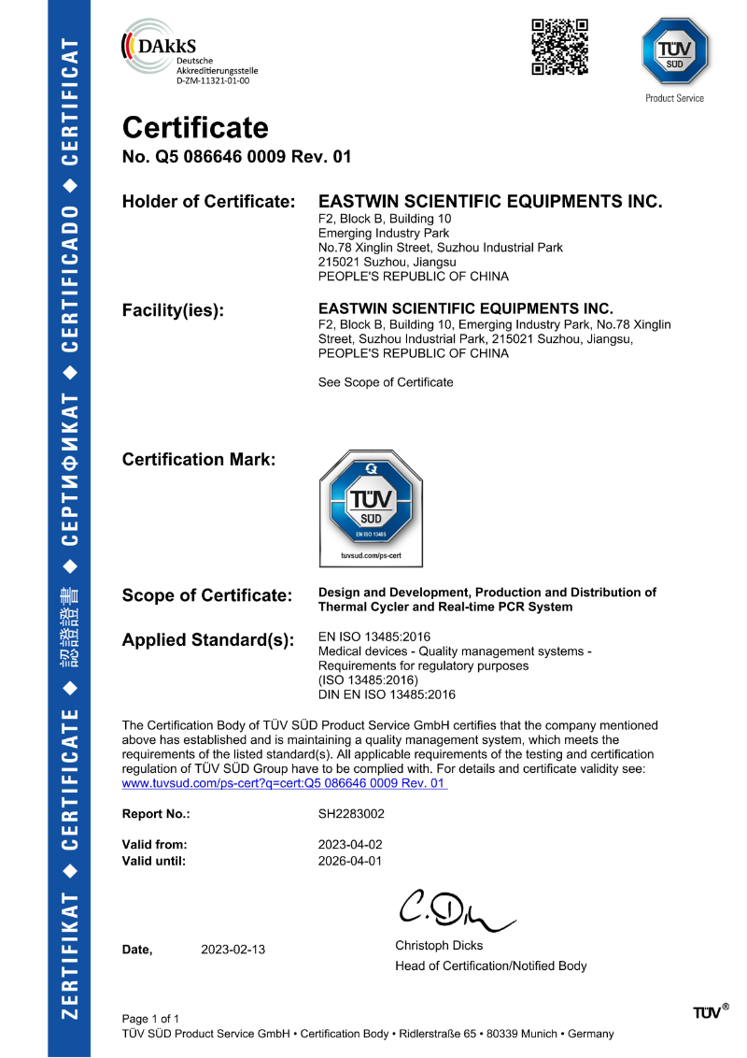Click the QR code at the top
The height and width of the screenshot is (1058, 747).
559,47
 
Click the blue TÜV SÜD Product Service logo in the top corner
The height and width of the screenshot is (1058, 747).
674,54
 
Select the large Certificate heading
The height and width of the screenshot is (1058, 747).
195,128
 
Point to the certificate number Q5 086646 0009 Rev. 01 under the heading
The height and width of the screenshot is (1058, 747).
237,157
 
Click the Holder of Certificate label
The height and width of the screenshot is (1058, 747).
209,202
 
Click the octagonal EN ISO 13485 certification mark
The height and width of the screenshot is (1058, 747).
371,506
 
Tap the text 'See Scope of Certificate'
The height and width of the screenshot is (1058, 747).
386,382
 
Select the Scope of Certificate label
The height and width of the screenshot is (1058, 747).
206,596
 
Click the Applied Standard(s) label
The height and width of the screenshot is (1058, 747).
208,641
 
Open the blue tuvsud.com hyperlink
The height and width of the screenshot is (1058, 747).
285,783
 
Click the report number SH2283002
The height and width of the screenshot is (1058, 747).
351,814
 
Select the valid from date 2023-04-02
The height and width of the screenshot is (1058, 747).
350,845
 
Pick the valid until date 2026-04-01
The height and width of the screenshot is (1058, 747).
350,861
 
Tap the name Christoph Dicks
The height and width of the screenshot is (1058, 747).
439,947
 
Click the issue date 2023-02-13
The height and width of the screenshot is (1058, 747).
233,950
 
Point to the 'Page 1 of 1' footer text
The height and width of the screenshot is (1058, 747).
150,1018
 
